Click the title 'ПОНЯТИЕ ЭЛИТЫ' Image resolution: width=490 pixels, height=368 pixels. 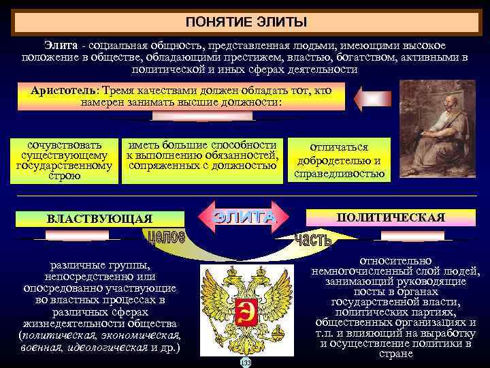pyautogui.click(x=246, y=22)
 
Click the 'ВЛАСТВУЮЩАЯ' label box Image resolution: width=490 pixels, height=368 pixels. pyautogui.click(x=99, y=219)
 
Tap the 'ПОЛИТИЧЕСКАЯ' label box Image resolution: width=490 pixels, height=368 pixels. pyautogui.click(x=391, y=217)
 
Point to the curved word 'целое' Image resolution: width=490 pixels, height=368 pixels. pyautogui.click(x=165, y=239)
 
